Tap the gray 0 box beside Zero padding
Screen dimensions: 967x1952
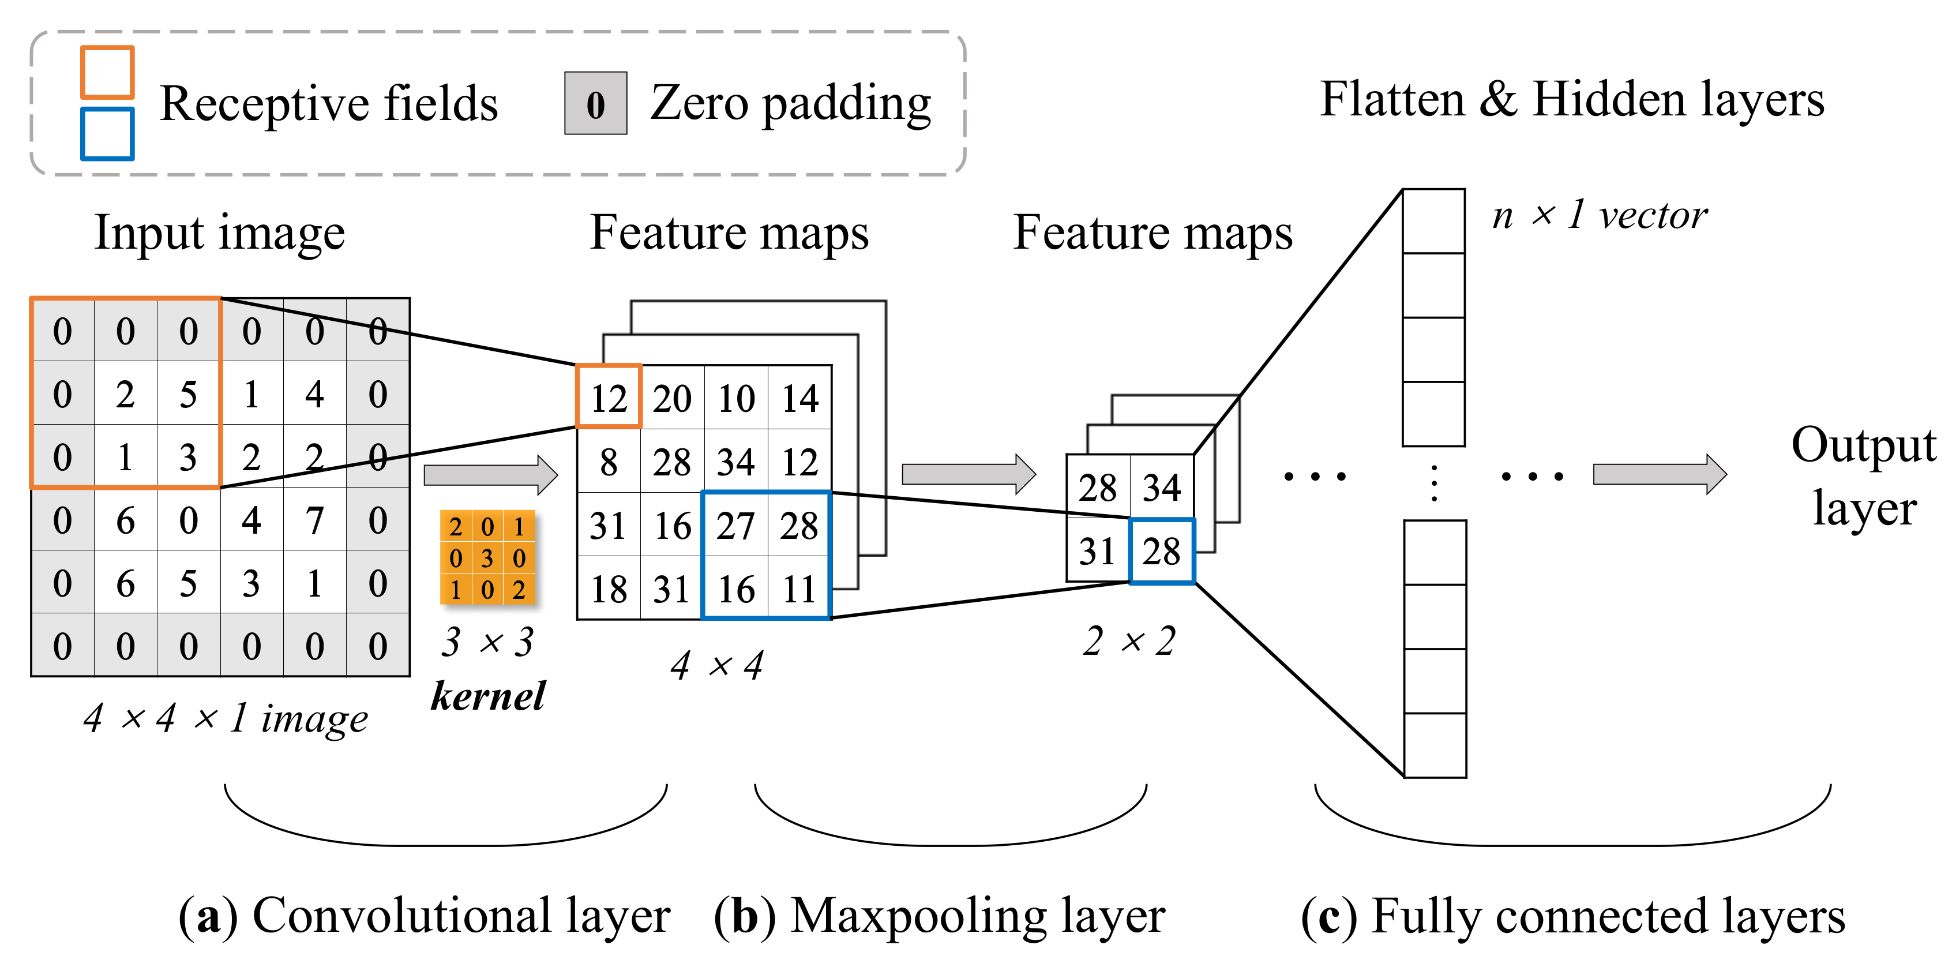coord(596,104)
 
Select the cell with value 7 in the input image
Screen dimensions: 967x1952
coord(314,520)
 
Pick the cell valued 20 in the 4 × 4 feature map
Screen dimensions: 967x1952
coord(672,399)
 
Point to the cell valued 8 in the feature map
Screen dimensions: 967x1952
coord(609,462)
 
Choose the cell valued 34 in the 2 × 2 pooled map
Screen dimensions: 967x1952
coord(1162,488)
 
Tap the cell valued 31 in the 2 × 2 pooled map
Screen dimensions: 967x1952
coord(1097,551)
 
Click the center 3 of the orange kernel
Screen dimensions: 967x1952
coord(487,558)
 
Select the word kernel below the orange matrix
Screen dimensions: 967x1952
coord(488,696)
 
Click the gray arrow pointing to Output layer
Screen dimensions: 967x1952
coord(1660,474)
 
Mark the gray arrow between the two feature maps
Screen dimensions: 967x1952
coord(969,474)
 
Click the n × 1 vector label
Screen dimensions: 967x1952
coord(1600,215)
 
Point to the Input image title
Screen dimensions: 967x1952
coord(220,232)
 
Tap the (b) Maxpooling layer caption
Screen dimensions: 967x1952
coord(940,916)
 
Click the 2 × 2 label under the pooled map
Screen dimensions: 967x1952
coord(1129,641)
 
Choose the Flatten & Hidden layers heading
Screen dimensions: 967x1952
coord(1572,99)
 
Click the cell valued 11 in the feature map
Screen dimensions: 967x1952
coord(799,590)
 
